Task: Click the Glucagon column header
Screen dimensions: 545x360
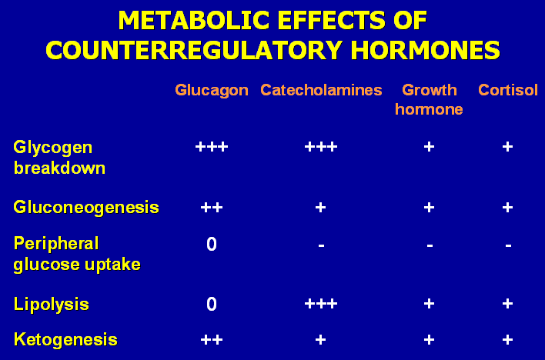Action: point(212,90)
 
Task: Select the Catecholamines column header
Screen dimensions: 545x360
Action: point(321,90)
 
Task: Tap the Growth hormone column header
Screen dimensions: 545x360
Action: point(429,100)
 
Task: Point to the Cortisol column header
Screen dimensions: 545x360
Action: point(508,90)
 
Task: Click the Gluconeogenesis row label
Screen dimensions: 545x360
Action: point(86,208)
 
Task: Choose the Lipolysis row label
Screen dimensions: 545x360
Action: point(52,305)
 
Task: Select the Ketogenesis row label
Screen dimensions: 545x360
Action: point(65,340)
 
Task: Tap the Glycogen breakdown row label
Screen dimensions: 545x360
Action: point(59,158)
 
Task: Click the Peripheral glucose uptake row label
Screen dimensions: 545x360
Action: point(77,254)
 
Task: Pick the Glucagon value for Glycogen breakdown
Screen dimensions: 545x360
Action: point(212,147)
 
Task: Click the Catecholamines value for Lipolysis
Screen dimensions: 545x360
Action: point(321,304)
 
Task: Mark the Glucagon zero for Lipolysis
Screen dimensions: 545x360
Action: point(212,304)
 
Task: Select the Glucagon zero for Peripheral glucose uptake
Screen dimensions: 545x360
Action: point(212,244)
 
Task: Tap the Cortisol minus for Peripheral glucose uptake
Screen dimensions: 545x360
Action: point(508,245)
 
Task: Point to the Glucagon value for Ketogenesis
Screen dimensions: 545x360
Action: point(212,339)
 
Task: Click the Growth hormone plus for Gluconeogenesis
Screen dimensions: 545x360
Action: point(429,208)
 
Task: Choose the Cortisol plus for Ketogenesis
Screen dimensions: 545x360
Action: point(507,339)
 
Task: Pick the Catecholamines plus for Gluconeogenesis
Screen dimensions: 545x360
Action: point(320,208)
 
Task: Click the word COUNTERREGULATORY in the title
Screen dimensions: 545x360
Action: point(194,50)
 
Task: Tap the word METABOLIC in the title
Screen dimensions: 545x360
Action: point(194,21)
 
